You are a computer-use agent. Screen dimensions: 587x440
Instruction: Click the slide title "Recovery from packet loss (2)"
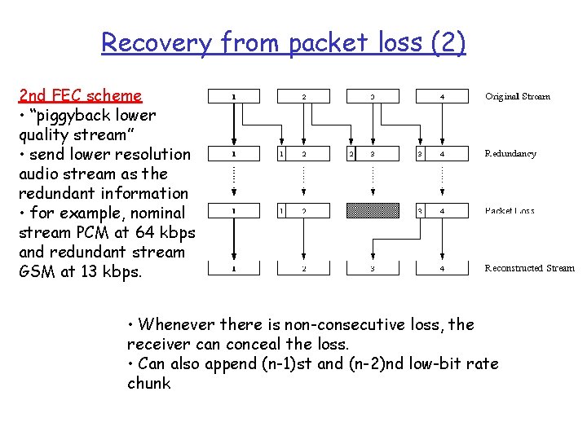coord(283,42)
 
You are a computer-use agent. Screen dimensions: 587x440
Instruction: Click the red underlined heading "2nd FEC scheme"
coord(81,95)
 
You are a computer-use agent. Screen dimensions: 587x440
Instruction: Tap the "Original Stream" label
coord(517,96)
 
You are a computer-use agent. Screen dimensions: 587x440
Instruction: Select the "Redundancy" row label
coord(510,153)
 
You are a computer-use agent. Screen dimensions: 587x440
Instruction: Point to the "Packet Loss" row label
coord(510,211)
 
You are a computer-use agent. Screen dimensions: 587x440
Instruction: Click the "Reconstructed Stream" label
coord(529,268)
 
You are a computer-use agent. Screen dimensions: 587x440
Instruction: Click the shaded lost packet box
coord(373,211)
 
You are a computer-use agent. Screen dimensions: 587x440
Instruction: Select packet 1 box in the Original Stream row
coord(235,96)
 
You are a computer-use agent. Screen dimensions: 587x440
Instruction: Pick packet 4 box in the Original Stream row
coord(443,96)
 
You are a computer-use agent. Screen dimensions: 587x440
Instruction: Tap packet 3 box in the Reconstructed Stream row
coord(373,268)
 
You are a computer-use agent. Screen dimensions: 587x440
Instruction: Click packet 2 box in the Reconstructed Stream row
coord(304,268)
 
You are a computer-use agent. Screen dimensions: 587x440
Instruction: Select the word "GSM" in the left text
coord(36,271)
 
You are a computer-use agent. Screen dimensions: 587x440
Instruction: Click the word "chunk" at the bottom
coord(149,383)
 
